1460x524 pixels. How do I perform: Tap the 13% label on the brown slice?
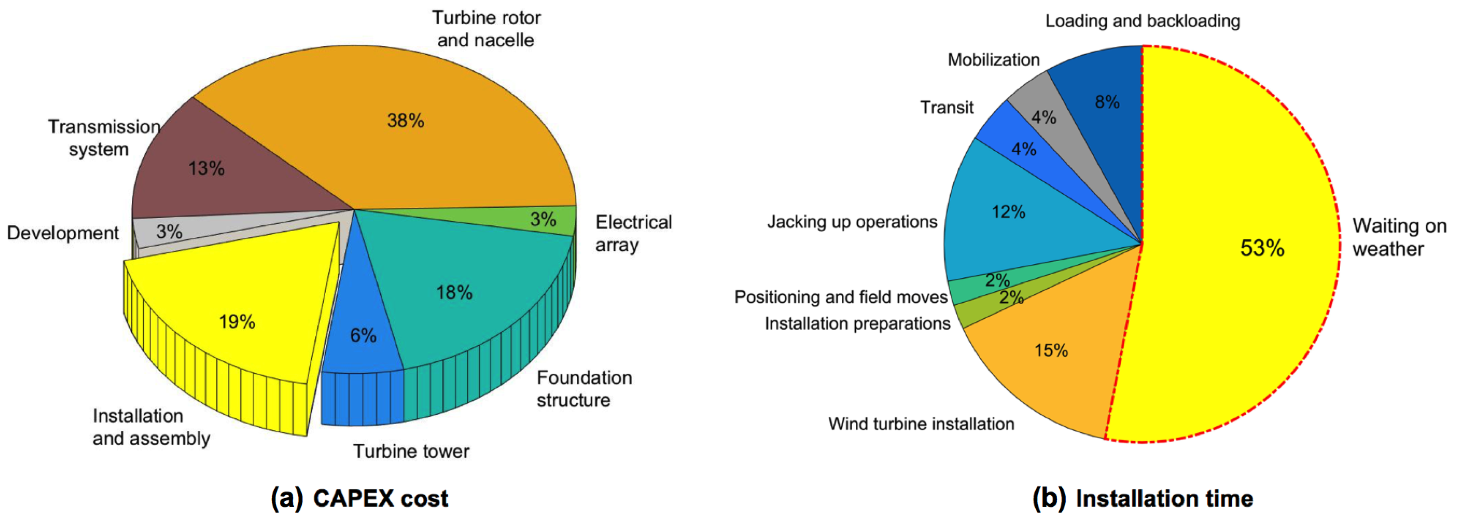coord(206,168)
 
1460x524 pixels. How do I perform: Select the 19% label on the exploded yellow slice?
coord(237,322)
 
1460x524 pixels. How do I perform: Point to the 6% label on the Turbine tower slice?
coord(363,335)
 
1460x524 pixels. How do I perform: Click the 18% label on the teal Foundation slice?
coord(454,292)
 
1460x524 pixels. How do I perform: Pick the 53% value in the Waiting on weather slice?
coord(1262,248)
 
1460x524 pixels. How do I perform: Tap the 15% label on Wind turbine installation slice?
coord(1051,350)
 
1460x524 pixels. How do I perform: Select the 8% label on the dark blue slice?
coord(1107,102)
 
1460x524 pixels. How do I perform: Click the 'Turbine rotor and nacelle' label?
coord(486,29)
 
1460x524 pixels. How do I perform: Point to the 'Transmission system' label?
coord(103,138)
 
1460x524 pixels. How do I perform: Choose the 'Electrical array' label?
coord(633,233)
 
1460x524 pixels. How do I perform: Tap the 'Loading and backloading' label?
coord(1142,21)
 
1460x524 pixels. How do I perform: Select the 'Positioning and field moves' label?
coord(841,297)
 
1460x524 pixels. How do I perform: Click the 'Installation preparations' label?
coord(857,323)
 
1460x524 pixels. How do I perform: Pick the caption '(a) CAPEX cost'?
coord(359,498)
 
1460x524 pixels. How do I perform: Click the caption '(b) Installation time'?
coord(1142,498)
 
